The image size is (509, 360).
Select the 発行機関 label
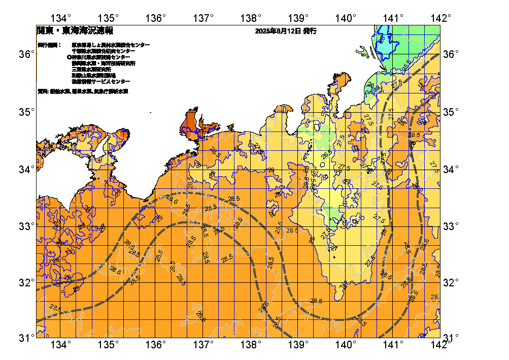(49, 45)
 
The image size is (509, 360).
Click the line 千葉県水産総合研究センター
(104, 51)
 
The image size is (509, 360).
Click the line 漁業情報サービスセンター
(100, 81)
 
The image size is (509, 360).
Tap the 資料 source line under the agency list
(83, 92)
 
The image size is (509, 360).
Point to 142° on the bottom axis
(441, 345)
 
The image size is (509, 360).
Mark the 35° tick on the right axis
(451, 112)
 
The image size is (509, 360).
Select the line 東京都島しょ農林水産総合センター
(111, 45)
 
